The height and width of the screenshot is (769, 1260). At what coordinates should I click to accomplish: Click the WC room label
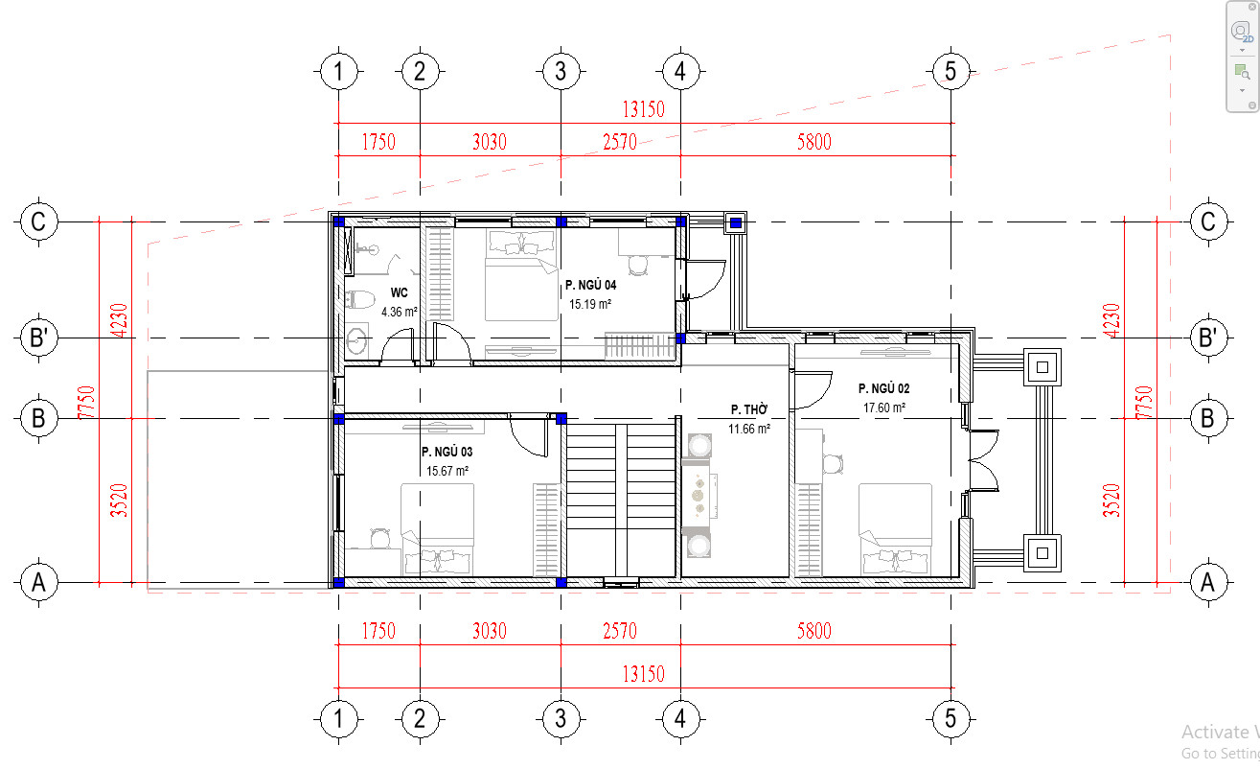(399, 292)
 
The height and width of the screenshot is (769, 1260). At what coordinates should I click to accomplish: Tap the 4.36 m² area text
(400, 312)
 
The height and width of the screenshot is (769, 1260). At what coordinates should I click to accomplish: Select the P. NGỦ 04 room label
(590, 286)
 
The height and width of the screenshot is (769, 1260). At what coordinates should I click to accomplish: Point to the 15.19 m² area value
(590, 305)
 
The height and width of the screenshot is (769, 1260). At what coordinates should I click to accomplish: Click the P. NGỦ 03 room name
(447, 452)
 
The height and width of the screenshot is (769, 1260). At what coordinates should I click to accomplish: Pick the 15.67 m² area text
(447, 471)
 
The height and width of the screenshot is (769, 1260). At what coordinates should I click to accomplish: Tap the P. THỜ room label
(749, 409)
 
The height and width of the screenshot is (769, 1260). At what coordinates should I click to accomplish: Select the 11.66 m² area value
(749, 429)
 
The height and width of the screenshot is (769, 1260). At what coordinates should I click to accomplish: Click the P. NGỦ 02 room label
(883, 388)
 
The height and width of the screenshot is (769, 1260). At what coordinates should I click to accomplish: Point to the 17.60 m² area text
(884, 408)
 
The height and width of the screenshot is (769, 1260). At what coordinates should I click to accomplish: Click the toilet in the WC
(359, 299)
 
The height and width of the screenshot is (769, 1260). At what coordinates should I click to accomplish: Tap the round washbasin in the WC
(356, 340)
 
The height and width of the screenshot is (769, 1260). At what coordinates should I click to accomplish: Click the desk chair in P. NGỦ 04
(638, 265)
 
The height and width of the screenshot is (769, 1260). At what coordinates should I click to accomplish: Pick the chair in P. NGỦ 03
(379, 538)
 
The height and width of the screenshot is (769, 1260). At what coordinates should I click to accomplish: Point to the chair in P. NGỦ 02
(833, 464)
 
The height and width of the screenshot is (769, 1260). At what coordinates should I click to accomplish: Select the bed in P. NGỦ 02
(895, 529)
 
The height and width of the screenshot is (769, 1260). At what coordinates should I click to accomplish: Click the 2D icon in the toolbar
(1242, 31)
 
